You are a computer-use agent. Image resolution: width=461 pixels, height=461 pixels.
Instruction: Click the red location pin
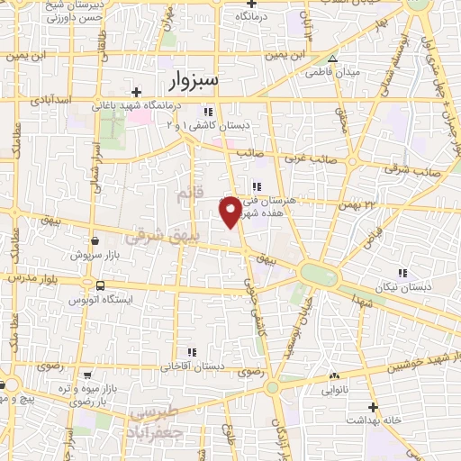pyautogui.click(x=230, y=210)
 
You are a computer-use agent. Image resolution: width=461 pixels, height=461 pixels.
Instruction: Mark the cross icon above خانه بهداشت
pyautogui.click(x=372, y=407)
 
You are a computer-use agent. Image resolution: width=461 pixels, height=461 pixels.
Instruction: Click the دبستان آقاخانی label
pyautogui.click(x=191, y=366)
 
